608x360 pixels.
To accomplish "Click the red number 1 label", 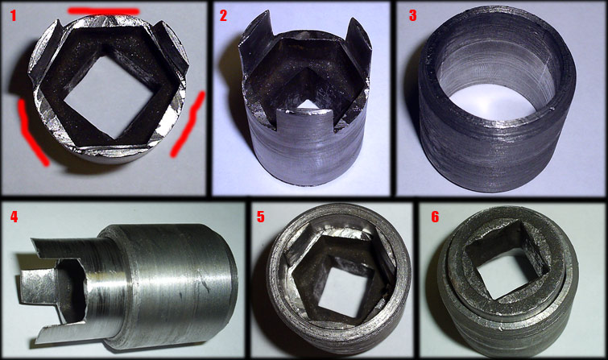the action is click(13, 16).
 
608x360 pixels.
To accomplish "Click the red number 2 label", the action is click(223, 16).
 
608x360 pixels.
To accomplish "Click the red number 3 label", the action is click(413, 16).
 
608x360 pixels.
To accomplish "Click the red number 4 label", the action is click(14, 217).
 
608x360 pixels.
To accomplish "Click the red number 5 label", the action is click(261, 217).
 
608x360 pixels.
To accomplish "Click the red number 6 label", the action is click(435, 217).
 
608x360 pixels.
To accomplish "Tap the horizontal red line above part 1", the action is click(104, 10).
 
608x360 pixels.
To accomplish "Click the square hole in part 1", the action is click(108, 97).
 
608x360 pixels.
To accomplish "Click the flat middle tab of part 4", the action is click(39, 287).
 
